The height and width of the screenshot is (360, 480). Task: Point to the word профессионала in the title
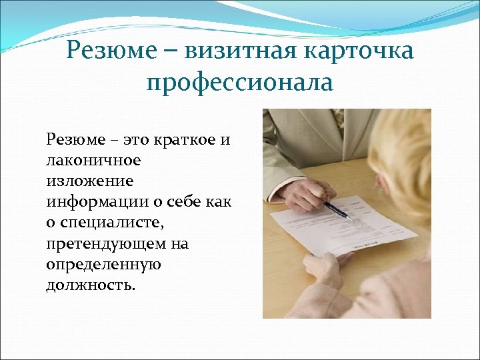pos(239,83)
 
